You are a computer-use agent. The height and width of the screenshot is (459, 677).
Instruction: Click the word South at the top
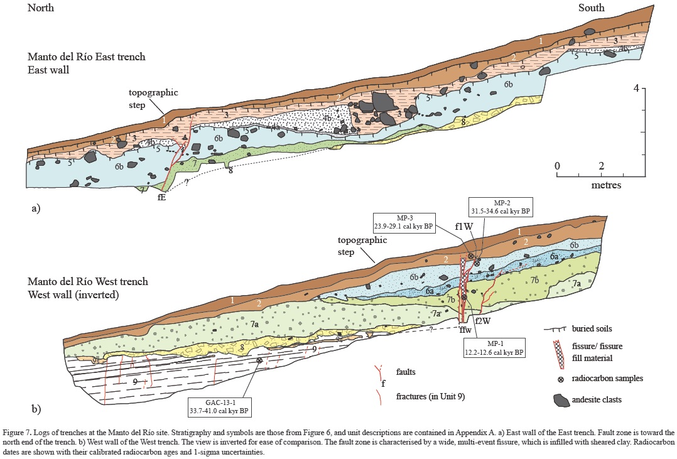pyautogui.click(x=591, y=8)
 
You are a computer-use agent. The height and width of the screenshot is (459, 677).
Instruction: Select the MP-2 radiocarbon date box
pyautogui.click(x=500, y=207)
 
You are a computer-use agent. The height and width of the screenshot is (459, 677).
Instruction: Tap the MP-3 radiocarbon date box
pyautogui.click(x=401, y=224)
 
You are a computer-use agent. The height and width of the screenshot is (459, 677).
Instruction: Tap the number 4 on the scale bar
pyautogui.click(x=636, y=89)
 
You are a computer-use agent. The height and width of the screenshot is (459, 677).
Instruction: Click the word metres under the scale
pyautogui.click(x=606, y=185)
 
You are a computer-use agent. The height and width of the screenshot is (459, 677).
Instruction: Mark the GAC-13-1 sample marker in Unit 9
pyautogui.click(x=259, y=360)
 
